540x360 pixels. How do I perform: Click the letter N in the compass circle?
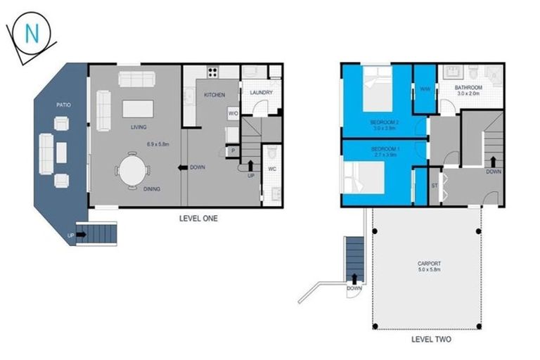(32, 32)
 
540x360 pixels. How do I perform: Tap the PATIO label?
(63, 105)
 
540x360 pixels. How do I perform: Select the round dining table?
(131, 169)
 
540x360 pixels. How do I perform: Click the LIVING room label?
(138, 127)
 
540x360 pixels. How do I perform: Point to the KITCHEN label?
(214, 94)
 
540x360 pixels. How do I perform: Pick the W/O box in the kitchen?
(233, 112)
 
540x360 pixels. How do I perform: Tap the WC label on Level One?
(271, 169)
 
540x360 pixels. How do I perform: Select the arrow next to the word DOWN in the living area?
(183, 167)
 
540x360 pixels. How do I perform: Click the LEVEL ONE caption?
(199, 219)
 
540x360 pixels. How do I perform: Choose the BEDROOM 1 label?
(385, 149)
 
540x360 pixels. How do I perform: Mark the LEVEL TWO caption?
(431, 339)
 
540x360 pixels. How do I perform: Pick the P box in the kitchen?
(232, 150)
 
